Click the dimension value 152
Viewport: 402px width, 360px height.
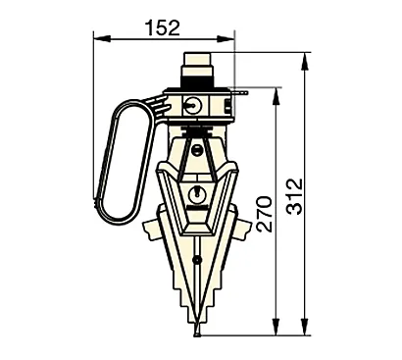click(x=163, y=28)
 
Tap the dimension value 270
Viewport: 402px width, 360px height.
click(x=264, y=214)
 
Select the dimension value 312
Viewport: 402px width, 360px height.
click(x=295, y=196)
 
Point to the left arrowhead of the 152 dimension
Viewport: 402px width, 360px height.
click(x=102, y=38)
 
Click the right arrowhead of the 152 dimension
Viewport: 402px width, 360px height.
click(x=226, y=38)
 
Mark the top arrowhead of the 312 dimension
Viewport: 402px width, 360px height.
click(x=305, y=61)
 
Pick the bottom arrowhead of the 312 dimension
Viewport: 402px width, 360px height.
click(x=305, y=327)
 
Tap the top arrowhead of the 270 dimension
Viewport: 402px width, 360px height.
click(x=276, y=96)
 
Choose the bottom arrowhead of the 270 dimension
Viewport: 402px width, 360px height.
click(x=276, y=327)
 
